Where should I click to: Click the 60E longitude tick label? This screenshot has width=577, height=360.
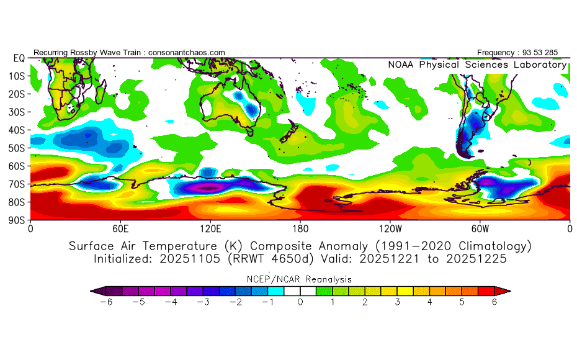click(x=120, y=228)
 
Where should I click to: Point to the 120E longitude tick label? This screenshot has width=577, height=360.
click(x=210, y=228)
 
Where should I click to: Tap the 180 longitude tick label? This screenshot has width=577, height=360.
click(x=300, y=228)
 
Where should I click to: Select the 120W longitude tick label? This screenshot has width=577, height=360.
click(x=390, y=228)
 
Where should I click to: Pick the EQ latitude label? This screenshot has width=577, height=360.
click(x=19, y=58)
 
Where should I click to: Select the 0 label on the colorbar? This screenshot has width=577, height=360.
click(x=300, y=302)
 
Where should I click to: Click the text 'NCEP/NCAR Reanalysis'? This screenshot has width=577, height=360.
click(x=300, y=279)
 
